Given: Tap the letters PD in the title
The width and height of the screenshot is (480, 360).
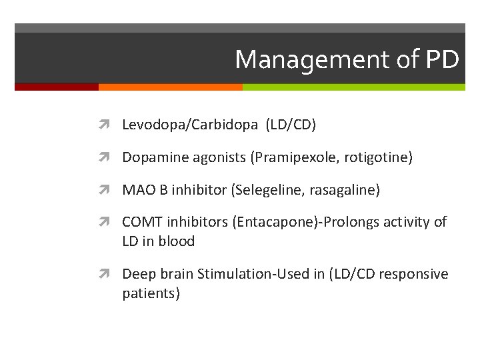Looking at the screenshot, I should point(441,60).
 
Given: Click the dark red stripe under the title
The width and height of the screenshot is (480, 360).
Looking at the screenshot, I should point(57,87).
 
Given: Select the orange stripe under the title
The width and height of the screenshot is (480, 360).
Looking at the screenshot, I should point(170,87).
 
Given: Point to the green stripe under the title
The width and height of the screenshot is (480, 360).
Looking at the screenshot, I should point(353,87).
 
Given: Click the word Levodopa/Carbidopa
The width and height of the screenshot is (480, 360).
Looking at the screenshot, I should point(191,125).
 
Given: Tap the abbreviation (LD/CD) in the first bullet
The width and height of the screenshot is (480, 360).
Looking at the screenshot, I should point(291,125).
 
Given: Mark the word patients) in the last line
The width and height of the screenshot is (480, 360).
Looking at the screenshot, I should point(151,294).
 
